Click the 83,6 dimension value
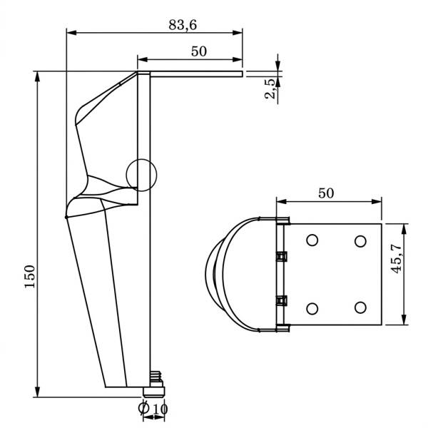pyautogui.click(x=183, y=24)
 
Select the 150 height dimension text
pyautogui.click(x=29, y=276)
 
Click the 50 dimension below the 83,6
pyautogui.click(x=200, y=51)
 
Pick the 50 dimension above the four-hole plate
pyautogui.click(x=326, y=193)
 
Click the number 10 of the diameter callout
pyautogui.click(x=160, y=409)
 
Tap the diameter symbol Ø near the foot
pyautogui.click(x=144, y=409)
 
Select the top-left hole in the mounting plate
pyautogui.click(x=312, y=241)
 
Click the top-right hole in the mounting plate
pyautogui.click(x=360, y=241)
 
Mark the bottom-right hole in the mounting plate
pyautogui.click(x=360, y=307)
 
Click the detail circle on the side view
pyautogui.click(x=141, y=175)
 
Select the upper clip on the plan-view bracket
pyautogui.click(x=282, y=255)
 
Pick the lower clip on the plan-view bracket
pyautogui.click(x=282, y=300)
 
